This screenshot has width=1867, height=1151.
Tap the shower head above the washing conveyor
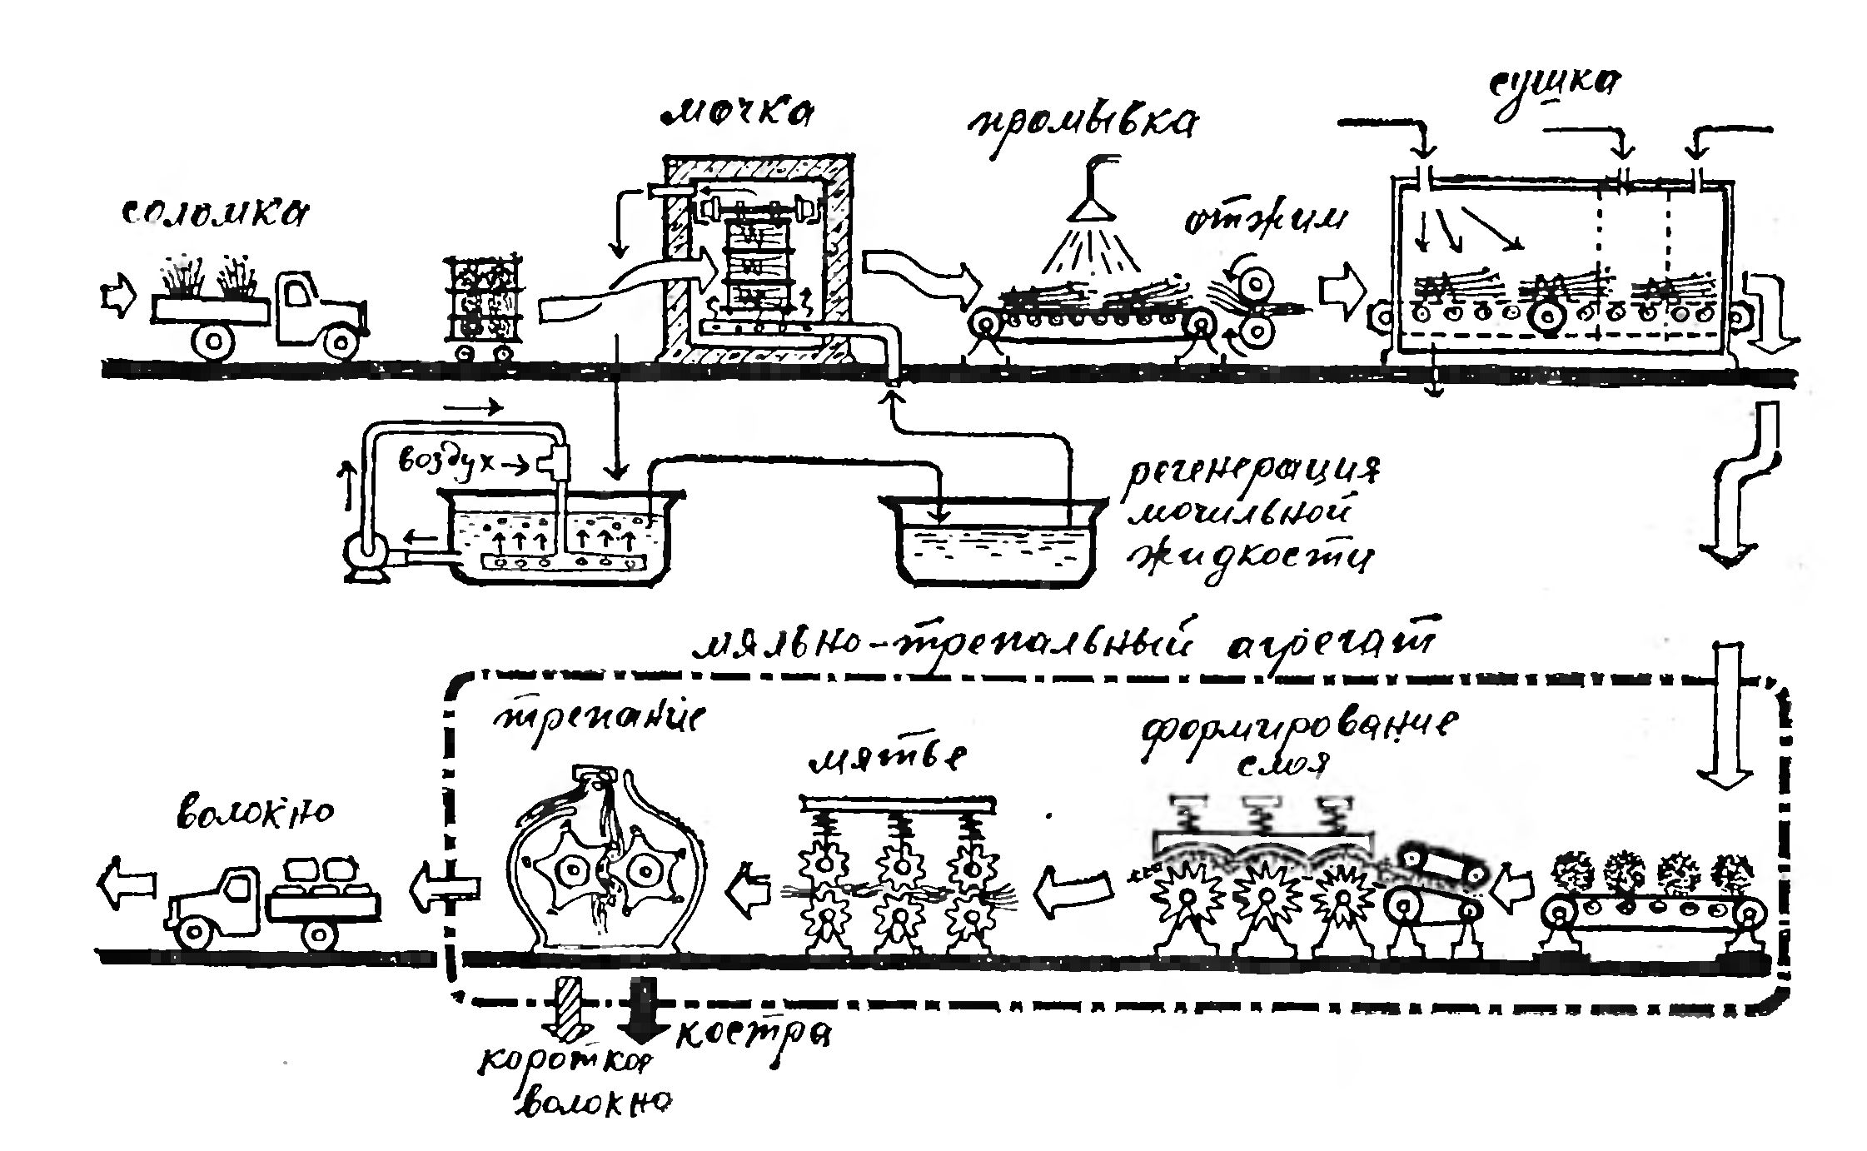point(1091,204)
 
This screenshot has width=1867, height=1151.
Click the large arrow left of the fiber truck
point(127,879)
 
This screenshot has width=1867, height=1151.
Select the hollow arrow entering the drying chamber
point(1342,291)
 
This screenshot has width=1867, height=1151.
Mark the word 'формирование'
point(1298,729)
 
